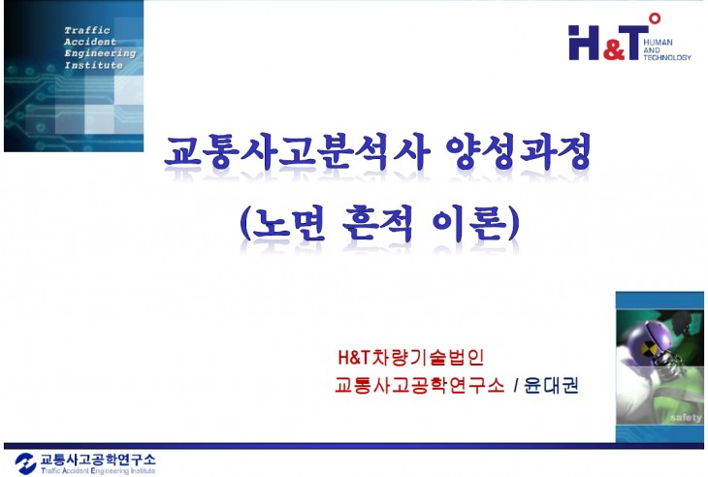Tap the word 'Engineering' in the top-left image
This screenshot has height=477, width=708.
tap(100, 53)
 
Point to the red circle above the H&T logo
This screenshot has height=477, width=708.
tap(655, 17)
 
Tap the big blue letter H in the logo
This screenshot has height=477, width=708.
tap(584, 43)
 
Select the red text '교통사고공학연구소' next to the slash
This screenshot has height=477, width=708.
tap(419, 384)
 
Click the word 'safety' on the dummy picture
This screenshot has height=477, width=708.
tap(684, 418)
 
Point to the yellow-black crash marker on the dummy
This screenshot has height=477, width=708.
tap(642, 341)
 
